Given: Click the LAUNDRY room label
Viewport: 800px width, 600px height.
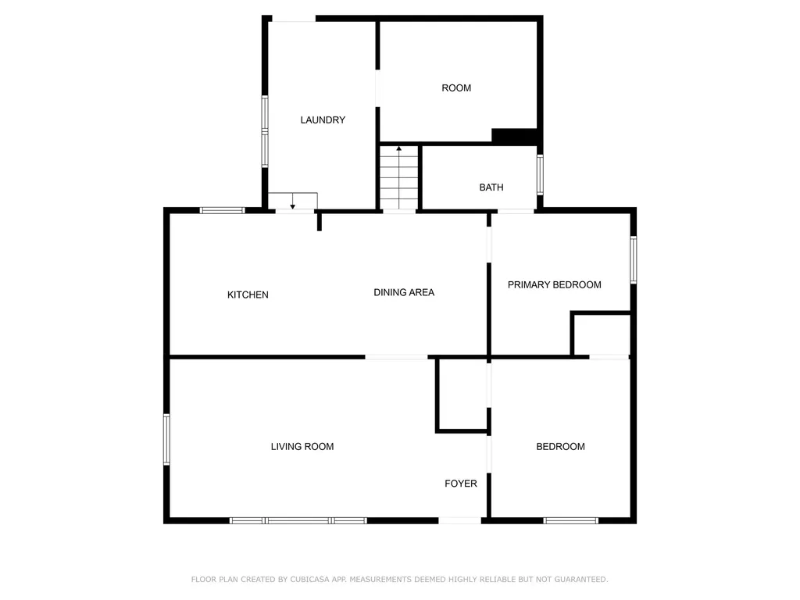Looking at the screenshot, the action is click(x=323, y=120).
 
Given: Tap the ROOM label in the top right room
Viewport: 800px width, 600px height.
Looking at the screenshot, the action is click(x=456, y=88).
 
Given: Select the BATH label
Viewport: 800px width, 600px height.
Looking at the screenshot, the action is click(x=491, y=187).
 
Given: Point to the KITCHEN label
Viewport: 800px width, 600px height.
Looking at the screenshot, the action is click(x=248, y=295).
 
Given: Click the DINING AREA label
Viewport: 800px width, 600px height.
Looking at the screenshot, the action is click(x=404, y=292).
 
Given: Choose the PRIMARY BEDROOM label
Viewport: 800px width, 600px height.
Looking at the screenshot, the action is click(x=554, y=284).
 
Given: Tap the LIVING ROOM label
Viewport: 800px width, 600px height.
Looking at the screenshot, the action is click(x=302, y=446).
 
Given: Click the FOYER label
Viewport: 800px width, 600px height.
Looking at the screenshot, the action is click(x=461, y=483).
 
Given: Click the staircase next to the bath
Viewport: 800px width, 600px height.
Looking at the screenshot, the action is click(x=399, y=177).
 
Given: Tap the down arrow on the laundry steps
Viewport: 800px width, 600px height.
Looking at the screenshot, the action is click(x=292, y=201).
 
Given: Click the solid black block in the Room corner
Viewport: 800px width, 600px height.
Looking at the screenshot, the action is click(x=514, y=136).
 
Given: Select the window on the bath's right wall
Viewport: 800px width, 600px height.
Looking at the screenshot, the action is click(x=540, y=175).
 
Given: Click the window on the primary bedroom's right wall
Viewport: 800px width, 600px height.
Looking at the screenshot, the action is click(x=633, y=259).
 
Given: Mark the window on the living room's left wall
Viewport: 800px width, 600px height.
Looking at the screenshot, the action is click(x=166, y=439).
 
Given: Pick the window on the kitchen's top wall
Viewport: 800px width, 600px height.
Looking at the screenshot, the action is click(x=223, y=210).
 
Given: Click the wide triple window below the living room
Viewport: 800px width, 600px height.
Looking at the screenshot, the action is click(x=298, y=520).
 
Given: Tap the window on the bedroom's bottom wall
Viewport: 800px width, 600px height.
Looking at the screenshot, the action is click(x=570, y=520).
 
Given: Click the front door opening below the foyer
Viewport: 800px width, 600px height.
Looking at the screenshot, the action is click(x=459, y=520).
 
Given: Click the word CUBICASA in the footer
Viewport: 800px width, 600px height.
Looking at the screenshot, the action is click(x=309, y=579).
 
